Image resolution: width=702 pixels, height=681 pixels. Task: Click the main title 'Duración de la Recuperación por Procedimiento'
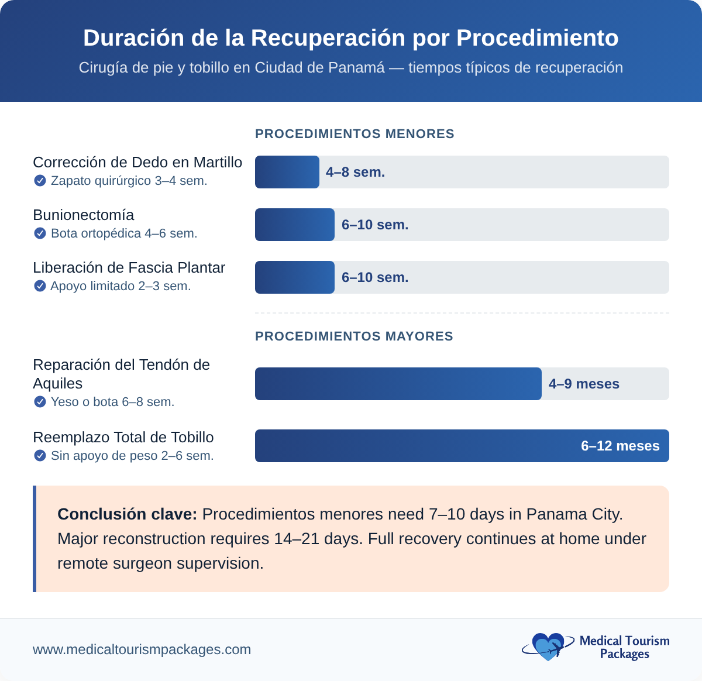click(x=350, y=38)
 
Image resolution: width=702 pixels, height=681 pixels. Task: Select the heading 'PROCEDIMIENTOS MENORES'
click(x=355, y=134)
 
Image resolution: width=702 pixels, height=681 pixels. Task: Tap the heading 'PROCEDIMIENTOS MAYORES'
click(x=354, y=336)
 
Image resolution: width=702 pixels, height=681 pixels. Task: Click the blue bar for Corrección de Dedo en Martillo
click(x=287, y=172)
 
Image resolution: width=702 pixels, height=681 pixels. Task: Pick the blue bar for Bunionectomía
click(x=294, y=225)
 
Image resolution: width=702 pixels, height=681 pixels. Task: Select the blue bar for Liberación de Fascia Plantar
click(x=294, y=277)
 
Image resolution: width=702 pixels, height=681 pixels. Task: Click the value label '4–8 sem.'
click(x=355, y=172)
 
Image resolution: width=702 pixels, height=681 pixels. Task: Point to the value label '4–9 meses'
click(x=584, y=384)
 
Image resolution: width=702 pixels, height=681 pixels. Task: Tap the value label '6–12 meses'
click(x=620, y=446)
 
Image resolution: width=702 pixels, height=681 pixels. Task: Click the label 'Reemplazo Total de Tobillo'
click(x=123, y=437)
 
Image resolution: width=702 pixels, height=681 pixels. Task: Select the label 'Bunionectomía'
click(x=84, y=215)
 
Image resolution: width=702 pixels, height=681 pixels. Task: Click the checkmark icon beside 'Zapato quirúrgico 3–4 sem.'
click(x=40, y=181)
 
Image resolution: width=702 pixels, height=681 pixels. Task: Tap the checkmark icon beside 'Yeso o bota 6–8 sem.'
click(x=40, y=402)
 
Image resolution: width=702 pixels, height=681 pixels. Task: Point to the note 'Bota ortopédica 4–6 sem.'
click(x=124, y=233)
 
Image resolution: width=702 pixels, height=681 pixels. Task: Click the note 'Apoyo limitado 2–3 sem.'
click(x=121, y=286)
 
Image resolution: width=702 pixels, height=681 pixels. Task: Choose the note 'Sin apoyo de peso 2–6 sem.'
click(x=132, y=456)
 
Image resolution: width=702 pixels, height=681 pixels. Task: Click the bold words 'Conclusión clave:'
click(x=128, y=514)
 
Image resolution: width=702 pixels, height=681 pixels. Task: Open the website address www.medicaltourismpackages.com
click(x=142, y=649)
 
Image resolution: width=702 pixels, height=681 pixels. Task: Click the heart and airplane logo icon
click(x=546, y=647)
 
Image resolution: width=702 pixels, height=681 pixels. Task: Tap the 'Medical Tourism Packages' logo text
click(x=624, y=647)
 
